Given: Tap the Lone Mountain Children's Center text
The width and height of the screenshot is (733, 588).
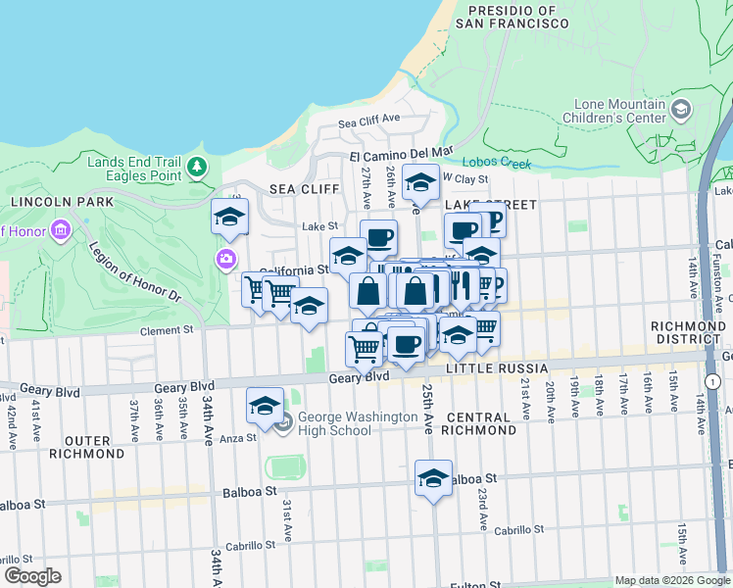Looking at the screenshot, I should [611, 112].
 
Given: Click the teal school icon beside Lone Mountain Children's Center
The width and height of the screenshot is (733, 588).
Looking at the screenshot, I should [680, 114].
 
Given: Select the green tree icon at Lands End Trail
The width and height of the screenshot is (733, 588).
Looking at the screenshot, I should [198, 168].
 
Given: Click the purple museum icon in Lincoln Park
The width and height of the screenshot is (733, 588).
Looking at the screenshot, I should [61, 231].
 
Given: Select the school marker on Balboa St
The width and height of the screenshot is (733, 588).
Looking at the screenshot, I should [433, 479].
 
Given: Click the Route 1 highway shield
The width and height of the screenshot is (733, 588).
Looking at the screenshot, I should [712, 380].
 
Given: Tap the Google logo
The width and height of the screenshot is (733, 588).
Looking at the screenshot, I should [32, 576].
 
